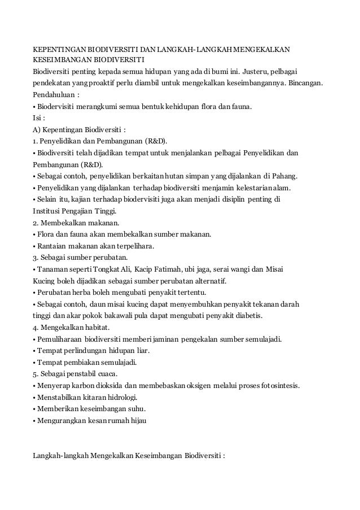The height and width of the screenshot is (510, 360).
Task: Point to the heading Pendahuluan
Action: pos(54,94)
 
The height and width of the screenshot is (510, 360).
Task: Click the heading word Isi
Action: pos(36,117)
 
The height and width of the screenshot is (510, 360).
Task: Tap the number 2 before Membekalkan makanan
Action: pos(34,223)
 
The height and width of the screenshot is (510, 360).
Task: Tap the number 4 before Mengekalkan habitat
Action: pos(34,327)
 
